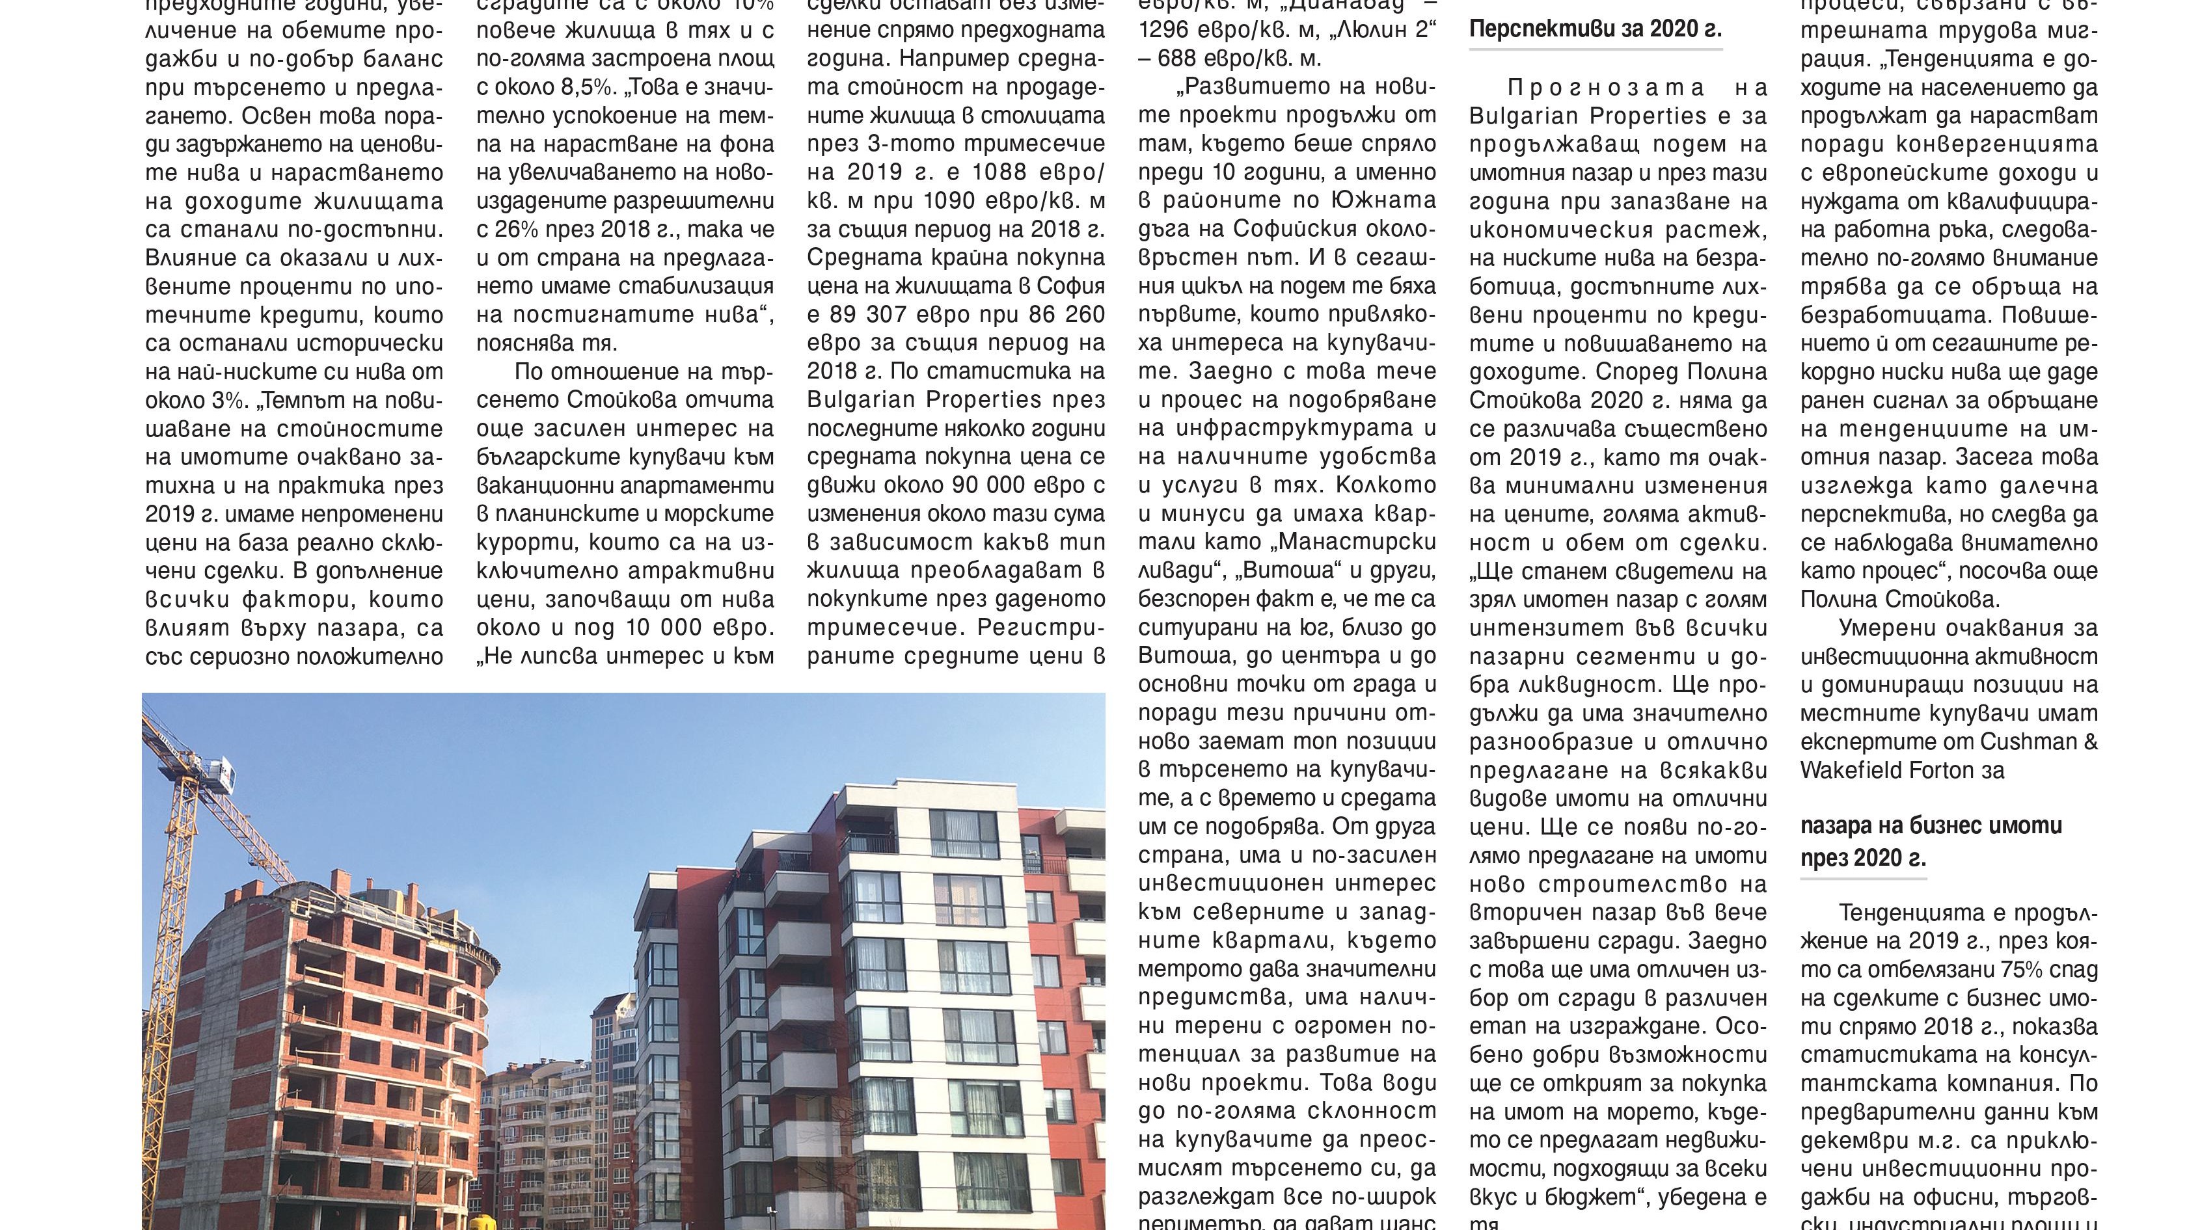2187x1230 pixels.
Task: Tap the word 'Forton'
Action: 1940,771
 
